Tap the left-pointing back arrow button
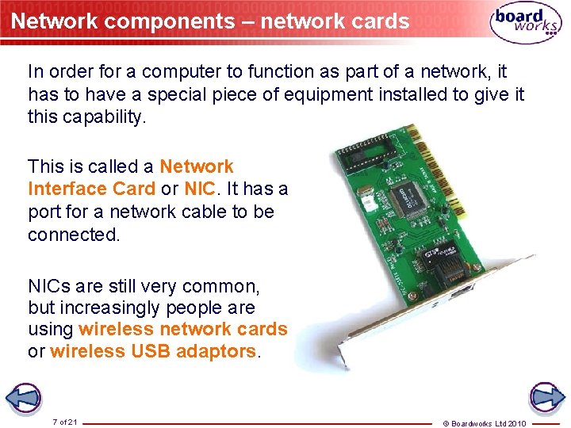25,397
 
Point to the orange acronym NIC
198,189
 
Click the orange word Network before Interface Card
197,166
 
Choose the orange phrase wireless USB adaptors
153,351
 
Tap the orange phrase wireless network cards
183,329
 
